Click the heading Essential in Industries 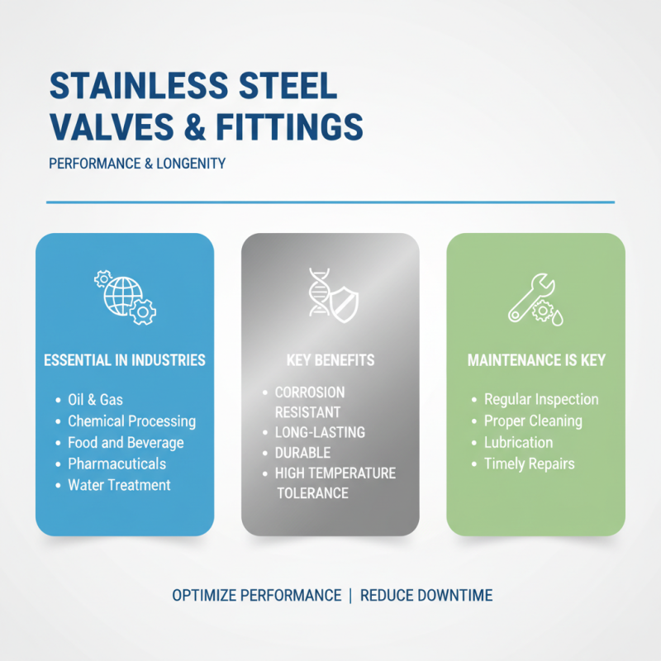pos(125,360)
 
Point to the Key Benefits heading pos(330,360)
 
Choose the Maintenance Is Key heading pos(536,360)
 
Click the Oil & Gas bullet pos(95,400)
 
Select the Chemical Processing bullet pos(131,421)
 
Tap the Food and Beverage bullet pos(126,443)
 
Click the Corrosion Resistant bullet pos(309,402)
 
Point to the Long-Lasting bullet pos(319,432)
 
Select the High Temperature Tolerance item pos(334,483)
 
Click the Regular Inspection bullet pos(541,400)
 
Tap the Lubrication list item pos(518,443)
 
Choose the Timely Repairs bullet pos(529,464)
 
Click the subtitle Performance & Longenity pos(137,164)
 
